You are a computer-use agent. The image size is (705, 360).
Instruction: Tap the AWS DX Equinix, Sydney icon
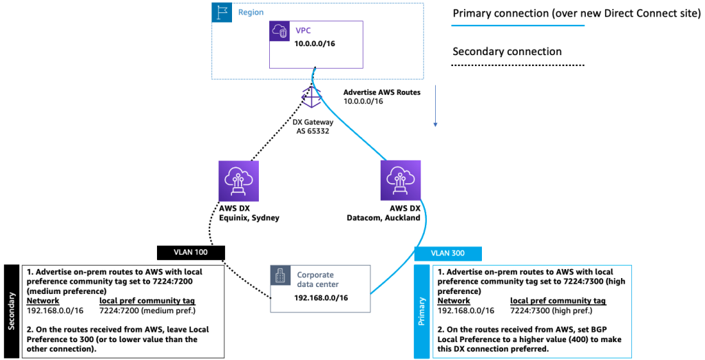tap(238, 181)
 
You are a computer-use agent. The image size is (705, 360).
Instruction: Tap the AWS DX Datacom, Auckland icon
tap(400, 181)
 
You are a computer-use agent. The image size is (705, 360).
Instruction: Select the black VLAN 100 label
tap(191, 253)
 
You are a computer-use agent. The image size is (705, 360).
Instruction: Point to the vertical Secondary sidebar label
tap(12, 310)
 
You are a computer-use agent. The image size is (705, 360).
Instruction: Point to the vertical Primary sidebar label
tap(422, 311)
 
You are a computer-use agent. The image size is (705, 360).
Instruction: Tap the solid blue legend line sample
tap(518, 25)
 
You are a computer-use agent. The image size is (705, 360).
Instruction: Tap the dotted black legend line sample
tap(518, 65)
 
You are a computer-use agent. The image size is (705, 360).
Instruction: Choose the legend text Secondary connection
tap(507, 52)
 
